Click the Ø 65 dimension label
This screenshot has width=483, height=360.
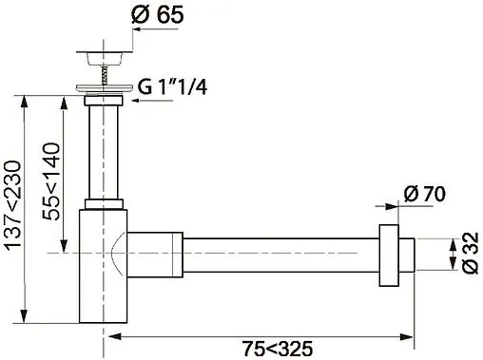tap(157, 14)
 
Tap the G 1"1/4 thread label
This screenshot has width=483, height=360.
tap(172, 86)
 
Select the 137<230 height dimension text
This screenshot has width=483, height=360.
tap(13, 205)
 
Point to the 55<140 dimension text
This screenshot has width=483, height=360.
tap(51, 181)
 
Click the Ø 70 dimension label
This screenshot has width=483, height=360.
tap(425, 194)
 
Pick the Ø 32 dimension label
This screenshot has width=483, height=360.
tap(471, 253)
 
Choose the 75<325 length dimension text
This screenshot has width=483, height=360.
tap(278, 349)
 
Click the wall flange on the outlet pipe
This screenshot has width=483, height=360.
tap(389, 256)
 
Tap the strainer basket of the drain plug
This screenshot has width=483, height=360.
tap(104, 58)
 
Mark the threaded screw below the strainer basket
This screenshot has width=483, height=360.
tap(104, 74)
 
